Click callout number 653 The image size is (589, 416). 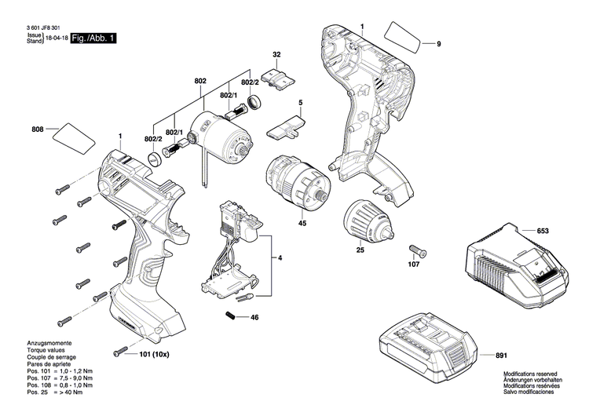[543, 231]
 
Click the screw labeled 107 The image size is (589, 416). [416, 250]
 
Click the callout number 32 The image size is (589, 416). [276, 55]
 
